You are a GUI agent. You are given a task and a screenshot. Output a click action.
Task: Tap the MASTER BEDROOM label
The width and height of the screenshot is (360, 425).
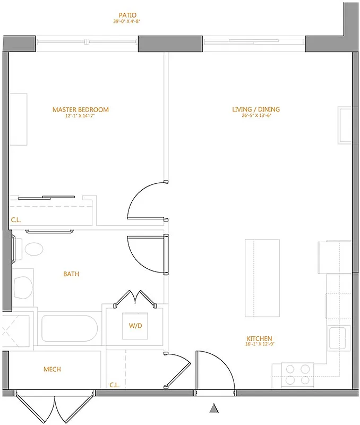80,110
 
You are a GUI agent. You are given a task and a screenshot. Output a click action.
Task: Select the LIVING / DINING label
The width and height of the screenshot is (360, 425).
256,110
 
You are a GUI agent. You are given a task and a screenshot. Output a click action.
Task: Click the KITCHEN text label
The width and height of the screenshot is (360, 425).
259,338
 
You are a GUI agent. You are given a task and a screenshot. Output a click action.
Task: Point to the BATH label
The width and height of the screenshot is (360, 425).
71,274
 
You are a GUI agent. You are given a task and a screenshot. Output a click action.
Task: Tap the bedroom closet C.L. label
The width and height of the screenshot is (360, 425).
16,219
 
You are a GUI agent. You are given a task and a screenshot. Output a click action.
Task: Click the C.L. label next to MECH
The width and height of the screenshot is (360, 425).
114,384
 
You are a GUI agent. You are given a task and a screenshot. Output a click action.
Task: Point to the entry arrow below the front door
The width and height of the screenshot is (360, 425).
214,409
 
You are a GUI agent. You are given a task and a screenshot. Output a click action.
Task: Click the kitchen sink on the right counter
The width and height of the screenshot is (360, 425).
337,336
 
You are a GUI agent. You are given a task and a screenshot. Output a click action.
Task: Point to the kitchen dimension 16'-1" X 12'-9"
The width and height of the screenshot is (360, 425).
259,345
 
